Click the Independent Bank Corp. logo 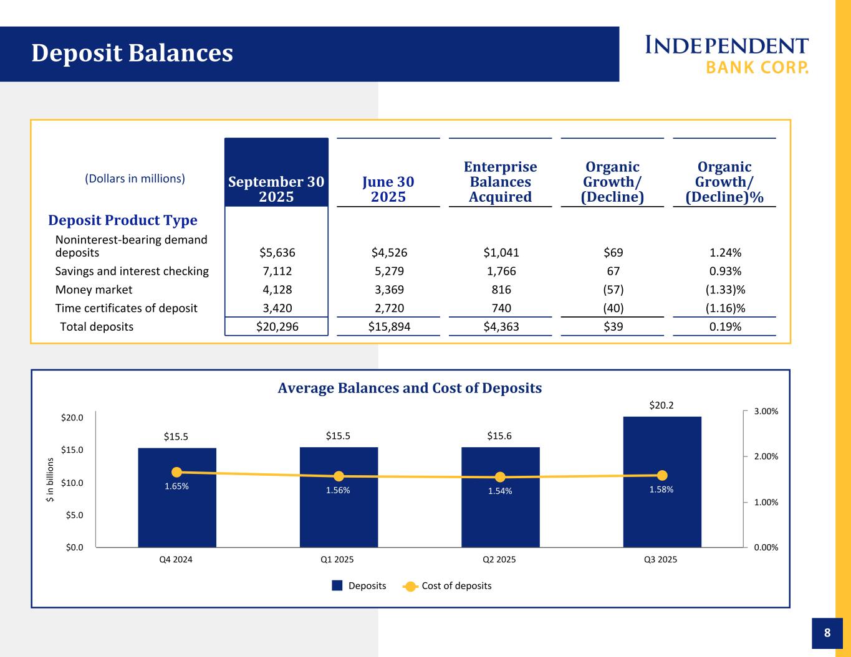click(x=726, y=54)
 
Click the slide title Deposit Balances click(x=132, y=54)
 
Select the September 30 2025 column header click(x=276, y=189)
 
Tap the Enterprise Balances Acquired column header click(x=500, y=182)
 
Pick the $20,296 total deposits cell click(x=277, y=326)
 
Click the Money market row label click(x=94, y=290)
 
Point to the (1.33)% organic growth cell click(x=725, y=290)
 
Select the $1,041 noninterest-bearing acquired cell click(x=501, y=253)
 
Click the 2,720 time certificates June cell click(x=388, y=308)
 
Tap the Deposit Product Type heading click(x=123, y=220)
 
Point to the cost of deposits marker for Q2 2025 click(x=500, y=477)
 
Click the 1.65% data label click(x=176, y=487)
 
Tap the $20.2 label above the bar click(x=661, y=405)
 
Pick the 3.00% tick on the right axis click(x=766, y=412)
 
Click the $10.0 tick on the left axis click(x=72, y=483)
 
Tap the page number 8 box click(x=827, y=633)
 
